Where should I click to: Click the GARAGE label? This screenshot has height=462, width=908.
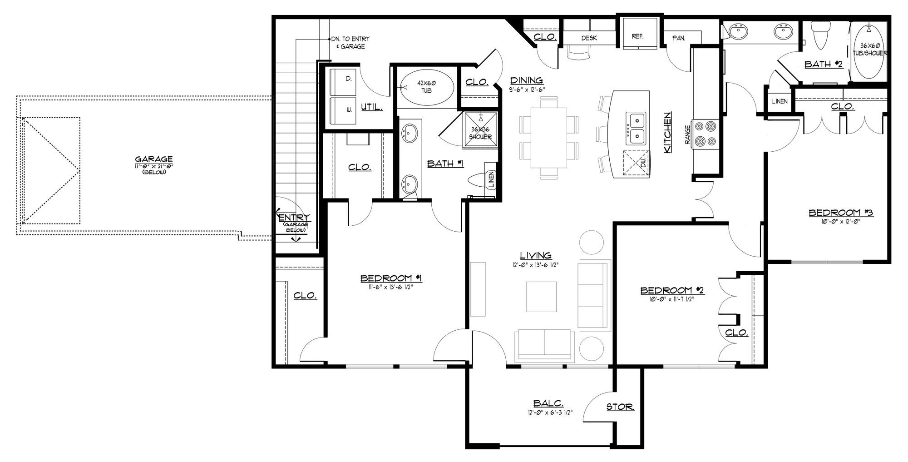pos(153,159)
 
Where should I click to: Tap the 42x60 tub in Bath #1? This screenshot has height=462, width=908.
pos(427,88)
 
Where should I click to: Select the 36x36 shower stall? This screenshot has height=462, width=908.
pos(480,130)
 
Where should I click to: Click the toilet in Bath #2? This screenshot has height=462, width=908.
pos(821,34)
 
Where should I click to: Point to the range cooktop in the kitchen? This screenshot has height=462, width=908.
pos(705,134)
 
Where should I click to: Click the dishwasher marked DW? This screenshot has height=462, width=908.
pos(637,163)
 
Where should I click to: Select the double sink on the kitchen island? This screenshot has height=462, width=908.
pos(637,128)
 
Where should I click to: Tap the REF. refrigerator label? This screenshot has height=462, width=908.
pos(637,36)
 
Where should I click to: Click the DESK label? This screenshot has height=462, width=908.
pos(589,38)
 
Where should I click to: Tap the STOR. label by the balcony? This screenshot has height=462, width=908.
pos(620,407)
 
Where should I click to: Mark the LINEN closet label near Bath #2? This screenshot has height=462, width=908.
pos(780,101)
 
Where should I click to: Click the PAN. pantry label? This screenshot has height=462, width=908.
pos(678,38)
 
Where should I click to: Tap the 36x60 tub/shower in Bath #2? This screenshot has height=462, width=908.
pos(869,52)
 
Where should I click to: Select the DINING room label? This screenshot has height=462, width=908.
pos(527,80)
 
